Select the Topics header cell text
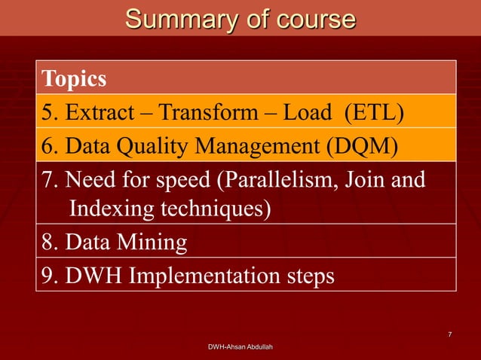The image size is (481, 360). click(74, 78)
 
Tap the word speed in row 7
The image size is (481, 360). click(181, 181)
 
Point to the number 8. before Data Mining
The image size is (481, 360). click(51, 243)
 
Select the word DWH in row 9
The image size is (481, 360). click(94, 276)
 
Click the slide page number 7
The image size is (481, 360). click(449, 334)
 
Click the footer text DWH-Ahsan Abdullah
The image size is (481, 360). click(240, 346)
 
